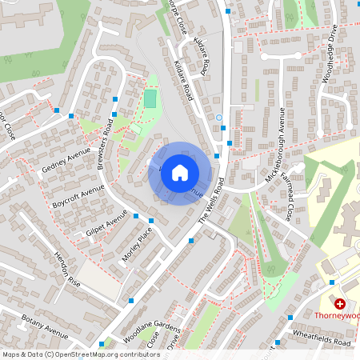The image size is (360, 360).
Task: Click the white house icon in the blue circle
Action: click(x=180, y=172)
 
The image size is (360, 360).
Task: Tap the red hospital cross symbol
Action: click(x=340, y=304)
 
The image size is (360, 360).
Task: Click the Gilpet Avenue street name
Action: click(x=106, y=223)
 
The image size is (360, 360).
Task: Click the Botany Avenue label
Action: click(x=45, y=330)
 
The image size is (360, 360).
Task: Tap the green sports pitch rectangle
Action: click(x=150, y=99)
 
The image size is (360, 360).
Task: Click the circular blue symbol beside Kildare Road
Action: click(x=219, y=118)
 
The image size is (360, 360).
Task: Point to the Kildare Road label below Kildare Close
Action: click(x=184, y=81)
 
